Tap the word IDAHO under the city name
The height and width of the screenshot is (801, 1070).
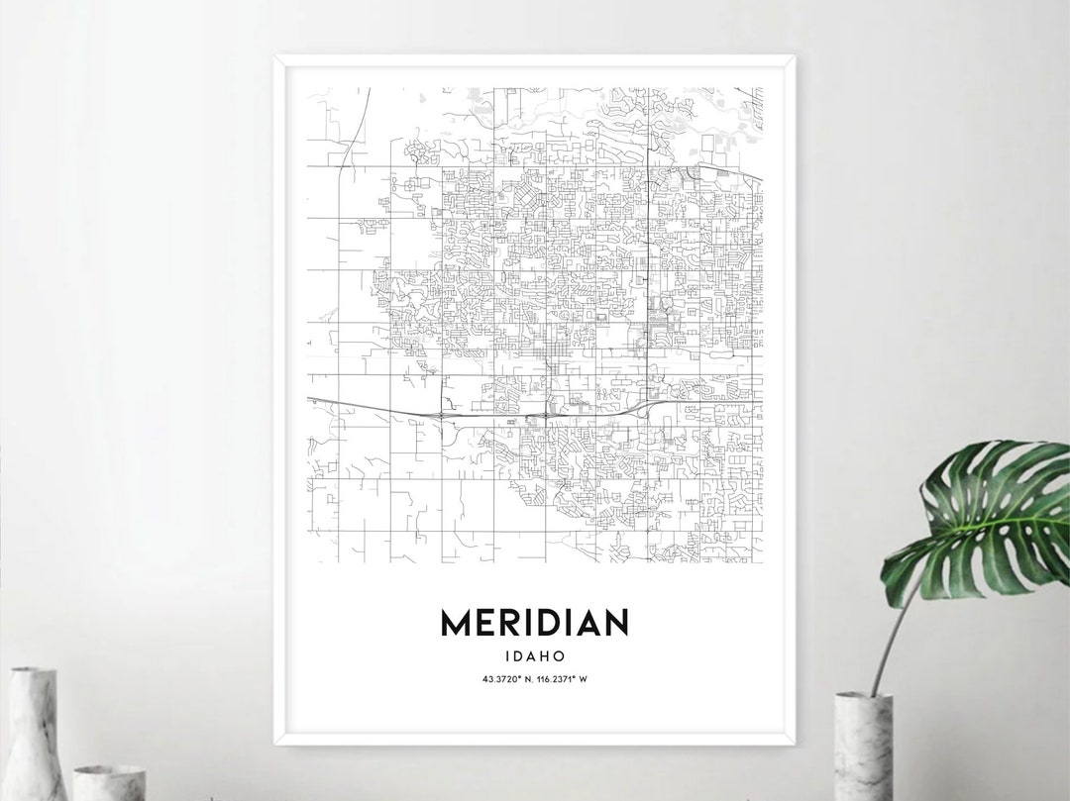click(x=534, y=655)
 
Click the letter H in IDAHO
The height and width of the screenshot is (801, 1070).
click(x=543, y=655)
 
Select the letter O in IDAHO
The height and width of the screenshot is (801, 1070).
click(x=560, y=655)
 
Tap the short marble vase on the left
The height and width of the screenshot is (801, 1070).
click(x=109, y=782)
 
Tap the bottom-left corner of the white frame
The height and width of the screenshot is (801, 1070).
click(x=276, y=744)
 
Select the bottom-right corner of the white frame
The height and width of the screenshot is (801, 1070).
click(x=793, y=744)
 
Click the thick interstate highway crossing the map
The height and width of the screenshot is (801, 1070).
click(x=396, y=407)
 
